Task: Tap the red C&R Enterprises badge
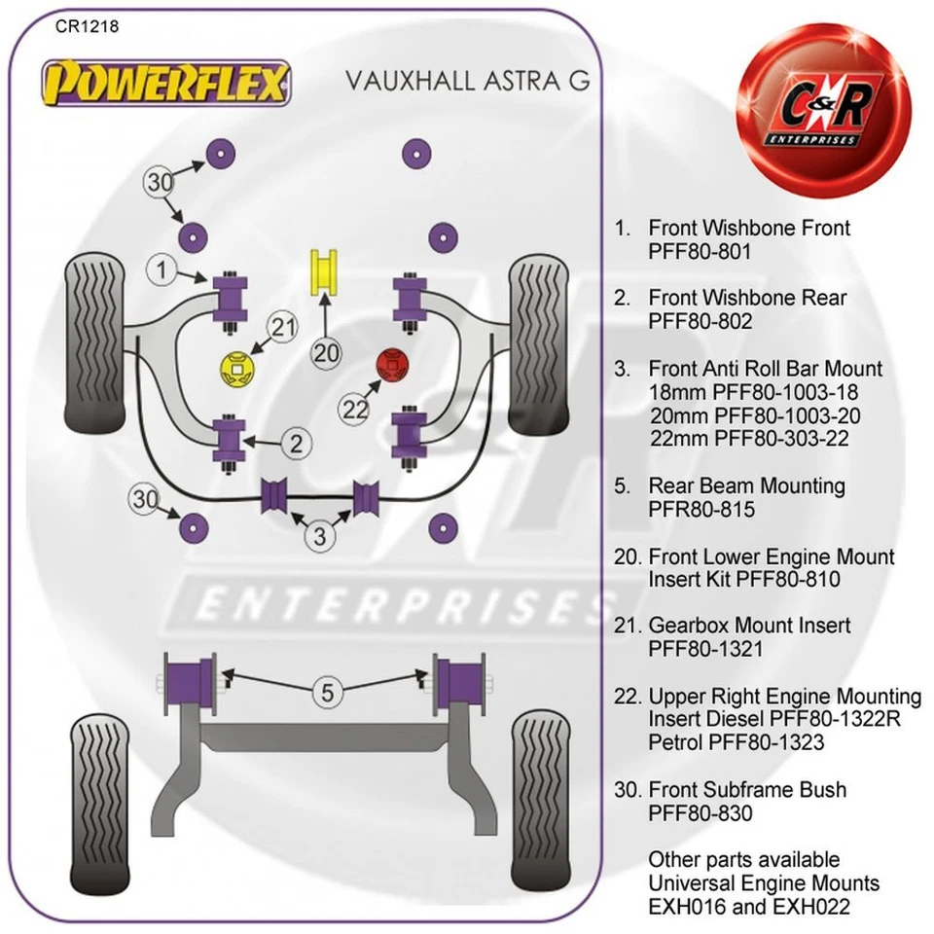tap(825, 109)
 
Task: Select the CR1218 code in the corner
tap(88, 27)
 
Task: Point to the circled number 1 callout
tap(163, 270)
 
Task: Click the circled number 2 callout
tap(296, 445)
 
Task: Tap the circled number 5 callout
tap(328, 693)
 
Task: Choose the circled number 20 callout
tap(327, 352)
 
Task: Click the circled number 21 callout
tap(283, 329)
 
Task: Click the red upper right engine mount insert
tap(395, 366)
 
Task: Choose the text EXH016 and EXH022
tap(749, 907)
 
